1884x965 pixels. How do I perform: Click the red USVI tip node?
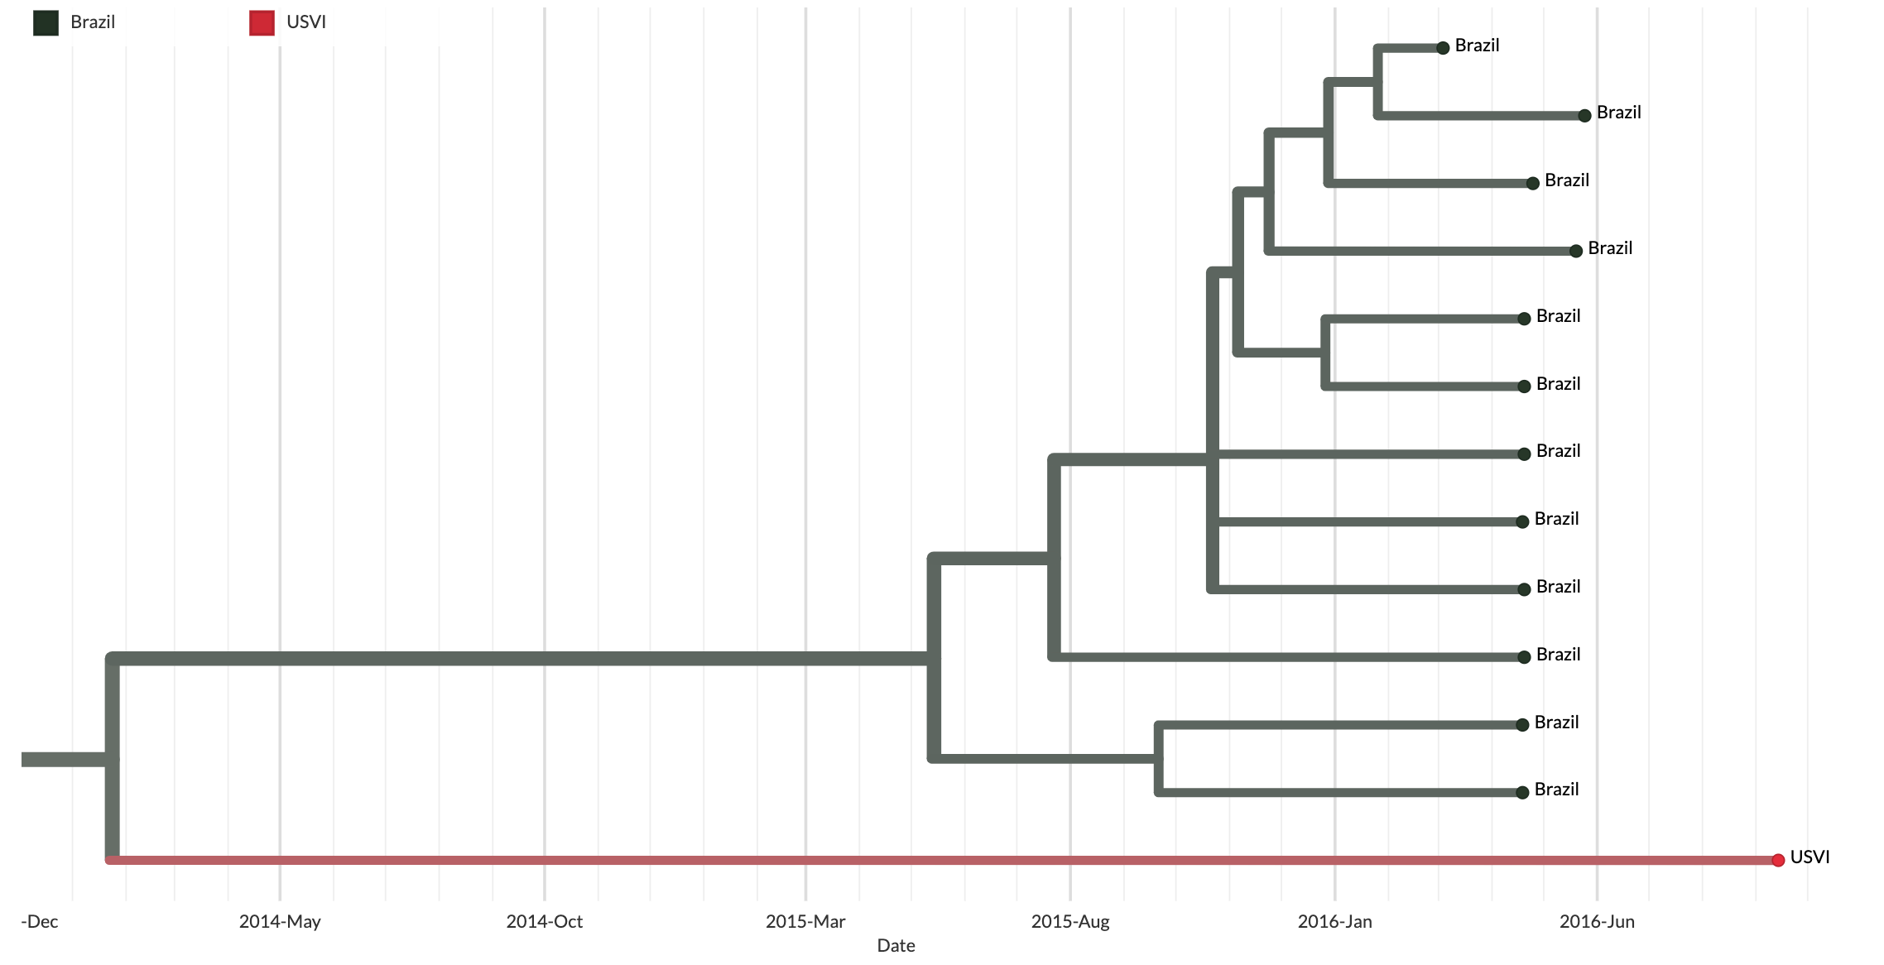pyautogui.click(x=1777, y=860)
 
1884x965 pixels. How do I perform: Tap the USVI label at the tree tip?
pyautogui.click(x=1810, y=857)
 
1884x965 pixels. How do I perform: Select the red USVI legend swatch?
pyautogui.click(x=262, y=23)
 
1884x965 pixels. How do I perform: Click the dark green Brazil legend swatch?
pyautogui.click(x=46, y=23)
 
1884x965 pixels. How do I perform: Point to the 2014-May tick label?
pyautogui.click(x=280, y=922)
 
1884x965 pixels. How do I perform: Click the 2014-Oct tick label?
pyautogui.click(x=544, y=922)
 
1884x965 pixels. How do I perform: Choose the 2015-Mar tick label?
pyautogui.click(x=805, y=922)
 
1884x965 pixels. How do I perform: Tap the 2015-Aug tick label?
pyautogui.click(x=1069, y=922)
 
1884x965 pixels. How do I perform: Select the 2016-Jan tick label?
pyautogui.click(x=1334, y=922)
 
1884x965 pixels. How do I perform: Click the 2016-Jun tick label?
pyautogui.click(x=1597, y=922)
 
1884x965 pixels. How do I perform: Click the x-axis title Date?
pyautogui.click(x=896, y=946)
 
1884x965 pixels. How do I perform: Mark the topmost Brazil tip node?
pyautogui.click(x=1443, y=48)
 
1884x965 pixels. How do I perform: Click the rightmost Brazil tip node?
pyautogui.click(x=1584, y=116)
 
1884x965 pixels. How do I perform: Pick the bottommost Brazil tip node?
pyautogui.click(x=1522, y=793)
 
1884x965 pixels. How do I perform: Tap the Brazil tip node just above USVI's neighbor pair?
pyautogui.click(x=1524, y=657)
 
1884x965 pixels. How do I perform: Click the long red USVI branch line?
pyautogui.click(x=911, y=861)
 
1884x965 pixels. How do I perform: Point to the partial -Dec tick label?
pyautogui.click(x=40, y=922)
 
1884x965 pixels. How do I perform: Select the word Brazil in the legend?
pyautogui.click(x=93, y=22)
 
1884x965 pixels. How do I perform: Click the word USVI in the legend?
pyautogui.click(x=306, y=22)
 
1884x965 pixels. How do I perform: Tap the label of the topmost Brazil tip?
pyautogui.click(x=1477, y=46)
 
